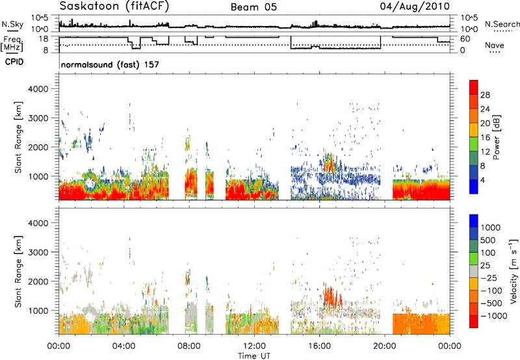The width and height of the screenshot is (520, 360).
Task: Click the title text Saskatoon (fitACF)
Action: pyautogui.click(x=114, y=6)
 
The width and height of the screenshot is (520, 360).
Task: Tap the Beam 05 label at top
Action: pyautogui.click(x=253, y=7)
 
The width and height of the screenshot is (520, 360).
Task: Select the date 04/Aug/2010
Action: pyautogui.click(x=415, y=6)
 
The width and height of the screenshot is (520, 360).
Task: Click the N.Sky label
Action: pyautogui.click(x=12, y=24)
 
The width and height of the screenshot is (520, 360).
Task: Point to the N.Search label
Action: pyautogui.click(x=502, y=24)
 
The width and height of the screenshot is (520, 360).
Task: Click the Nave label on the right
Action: pyautogui.click(x=495, y=45)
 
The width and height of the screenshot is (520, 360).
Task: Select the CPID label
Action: pyautogui.click(x=14, y=62)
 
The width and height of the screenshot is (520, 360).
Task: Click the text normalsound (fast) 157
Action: pyautogui.click(x=110, y=64)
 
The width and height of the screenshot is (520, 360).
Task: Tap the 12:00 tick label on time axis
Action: pyautogui.click(x=254, y=346)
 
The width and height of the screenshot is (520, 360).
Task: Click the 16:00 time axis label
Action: pyautogui.click(x=319, y=346)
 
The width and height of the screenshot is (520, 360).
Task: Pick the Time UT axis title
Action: pyautogui.click(x=254, y=356)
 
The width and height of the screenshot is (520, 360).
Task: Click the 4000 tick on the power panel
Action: pyautogui.click(x=38, y=89)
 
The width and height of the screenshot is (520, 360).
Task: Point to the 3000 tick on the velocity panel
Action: pyautogui.click(x=38, y=252)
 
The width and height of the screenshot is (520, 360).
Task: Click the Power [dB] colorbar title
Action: pyautogui.click(x=496, y=137)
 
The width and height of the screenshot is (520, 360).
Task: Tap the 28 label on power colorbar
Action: pyautogui.click(x=485, y=95)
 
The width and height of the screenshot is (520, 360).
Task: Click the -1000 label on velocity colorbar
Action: pyautogui.click(x=494, y=316)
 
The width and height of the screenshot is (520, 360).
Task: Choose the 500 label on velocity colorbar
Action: pyautogui.click(x=487, y=240)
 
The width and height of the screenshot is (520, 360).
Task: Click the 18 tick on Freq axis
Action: pyautogui.click(x=44, y=39)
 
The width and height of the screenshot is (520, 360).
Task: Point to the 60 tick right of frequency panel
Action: pyautogui.click(x=465, y=39)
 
